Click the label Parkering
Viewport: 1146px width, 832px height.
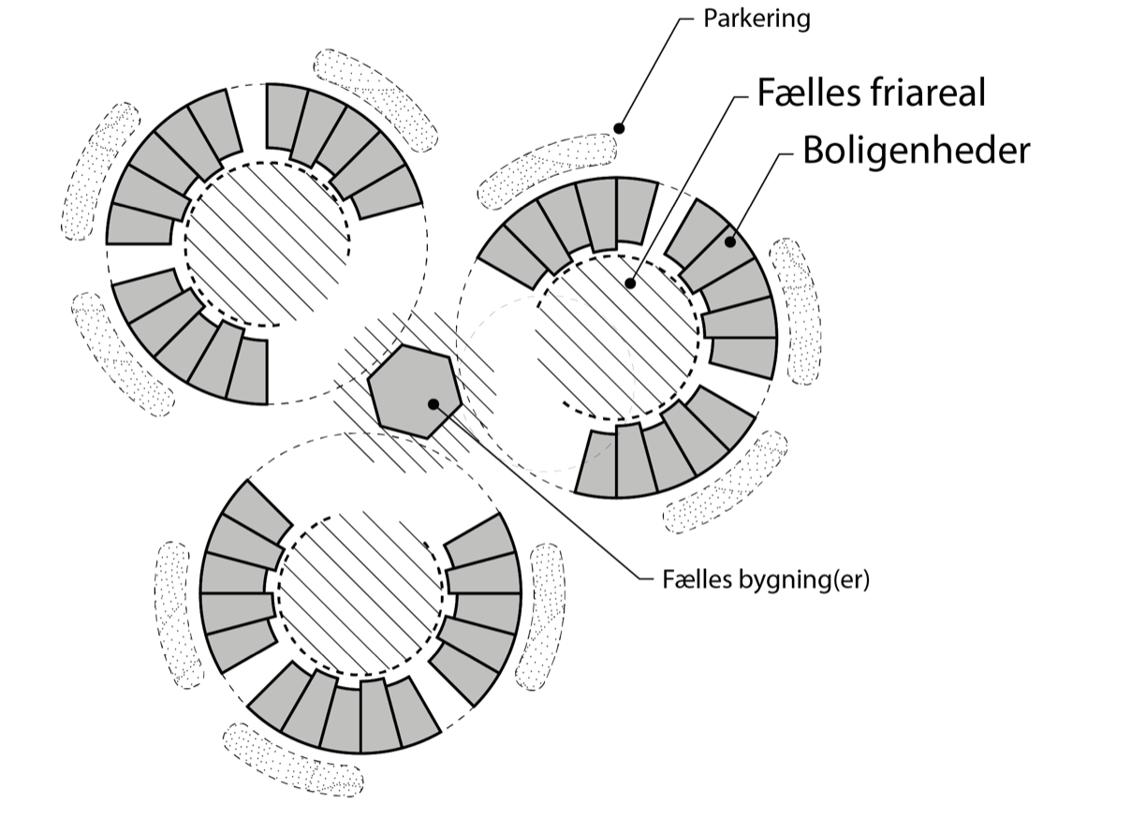pos(757,19)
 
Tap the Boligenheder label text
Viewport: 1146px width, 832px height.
pos(916,150)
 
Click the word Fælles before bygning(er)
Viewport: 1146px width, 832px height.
pos(694,580)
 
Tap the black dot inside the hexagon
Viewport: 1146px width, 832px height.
pos(433,404)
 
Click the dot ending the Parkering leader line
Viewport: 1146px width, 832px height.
pos(618,126)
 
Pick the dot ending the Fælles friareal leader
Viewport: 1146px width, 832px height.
pos(632,281)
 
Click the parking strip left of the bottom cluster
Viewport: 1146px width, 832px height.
pos(178,613)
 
